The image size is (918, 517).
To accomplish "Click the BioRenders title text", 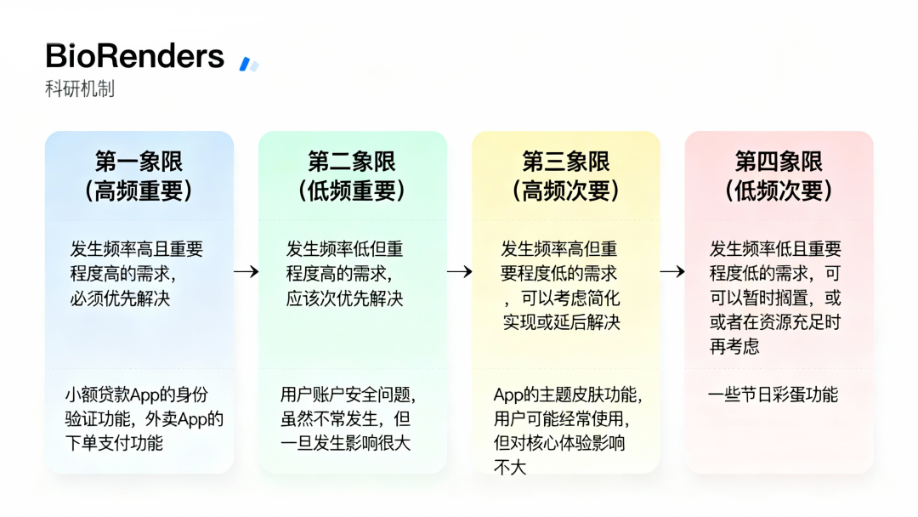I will [134, 56].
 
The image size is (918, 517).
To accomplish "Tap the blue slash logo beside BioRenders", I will [248, 64].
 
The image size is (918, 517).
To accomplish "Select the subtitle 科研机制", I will [80, 88].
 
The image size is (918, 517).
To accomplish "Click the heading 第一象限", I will [139, 162].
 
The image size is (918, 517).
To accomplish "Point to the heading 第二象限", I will [352, 162].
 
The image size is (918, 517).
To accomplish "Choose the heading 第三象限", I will [565, 162].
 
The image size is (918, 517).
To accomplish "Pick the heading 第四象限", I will [779, 162].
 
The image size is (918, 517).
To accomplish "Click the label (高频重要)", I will [139, 190].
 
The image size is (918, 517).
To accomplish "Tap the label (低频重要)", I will [352, 190].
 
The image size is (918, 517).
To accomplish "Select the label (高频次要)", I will [565, 190].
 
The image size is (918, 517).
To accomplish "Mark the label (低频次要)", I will [779, 190].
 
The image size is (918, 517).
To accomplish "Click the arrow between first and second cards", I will [246, 271].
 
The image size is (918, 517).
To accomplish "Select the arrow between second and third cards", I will [460, 271].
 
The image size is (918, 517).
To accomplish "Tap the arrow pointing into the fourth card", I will [672, 271].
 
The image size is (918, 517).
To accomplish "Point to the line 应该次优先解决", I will [344, 298].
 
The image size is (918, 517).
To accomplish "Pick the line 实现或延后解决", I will [562, 322].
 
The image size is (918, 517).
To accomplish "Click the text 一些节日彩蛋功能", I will [773, 395].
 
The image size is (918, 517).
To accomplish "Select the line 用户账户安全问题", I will [348, 395].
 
